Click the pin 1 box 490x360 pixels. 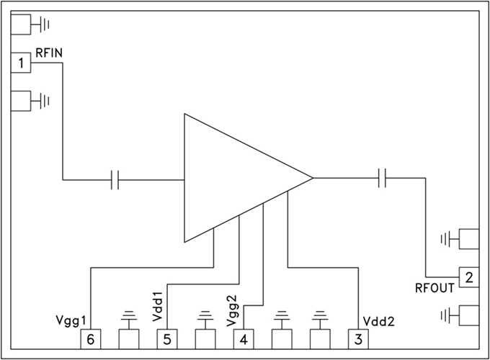tap(22, 63)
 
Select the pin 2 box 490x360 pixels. tap(469, 277)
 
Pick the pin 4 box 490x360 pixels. tap(244, 338)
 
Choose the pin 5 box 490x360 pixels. tap(167, 338)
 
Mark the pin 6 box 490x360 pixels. tap(90, 338)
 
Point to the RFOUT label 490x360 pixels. tap(435, 289)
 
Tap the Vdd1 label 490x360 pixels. tap(157, 306)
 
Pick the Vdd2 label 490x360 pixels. tap(378, 321)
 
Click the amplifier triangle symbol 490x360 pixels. tap(238, 178)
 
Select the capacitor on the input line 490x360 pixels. tap(115, 179)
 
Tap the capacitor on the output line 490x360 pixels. tap(383, 178)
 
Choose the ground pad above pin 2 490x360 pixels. tap(469, 238)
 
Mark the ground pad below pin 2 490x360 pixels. tap(469, 315)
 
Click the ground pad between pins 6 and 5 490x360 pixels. tap(129, 338)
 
